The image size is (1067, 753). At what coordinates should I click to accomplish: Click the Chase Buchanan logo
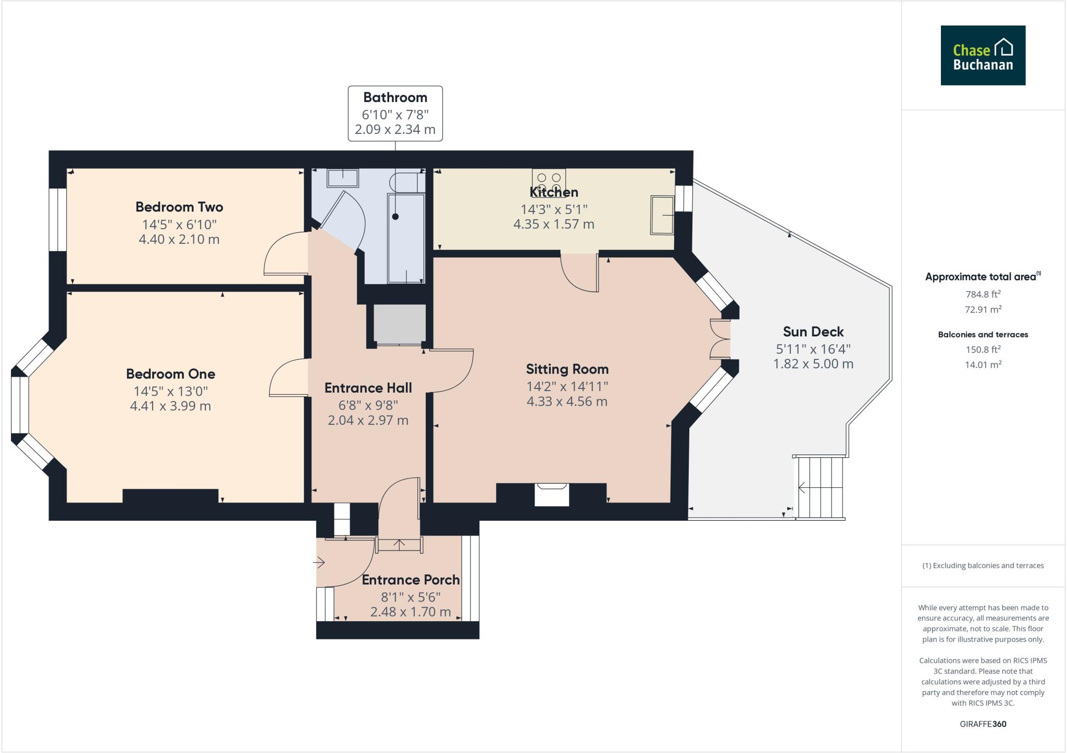click(983, 55)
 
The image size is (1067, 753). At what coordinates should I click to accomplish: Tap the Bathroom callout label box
click(395, 114)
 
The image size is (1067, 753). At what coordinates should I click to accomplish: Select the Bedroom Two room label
click(179, 207)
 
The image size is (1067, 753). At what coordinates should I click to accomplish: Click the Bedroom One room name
click(170, 374)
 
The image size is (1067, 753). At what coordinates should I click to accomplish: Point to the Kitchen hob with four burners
click(549, 182)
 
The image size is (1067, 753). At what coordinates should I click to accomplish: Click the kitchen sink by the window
click(662, 215)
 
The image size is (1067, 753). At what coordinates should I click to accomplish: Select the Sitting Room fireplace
click(552, 494)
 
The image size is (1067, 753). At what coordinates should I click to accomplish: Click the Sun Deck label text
click(813, 332)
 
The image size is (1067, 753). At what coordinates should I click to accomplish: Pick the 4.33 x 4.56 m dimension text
click(567, 401)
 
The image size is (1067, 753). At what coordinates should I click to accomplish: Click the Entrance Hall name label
click(368, 388)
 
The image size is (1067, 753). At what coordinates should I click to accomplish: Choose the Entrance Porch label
click(411, 580)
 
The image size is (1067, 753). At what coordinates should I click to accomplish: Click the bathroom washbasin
click(342, 178)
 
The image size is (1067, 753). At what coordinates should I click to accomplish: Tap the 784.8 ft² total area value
click(983, 294)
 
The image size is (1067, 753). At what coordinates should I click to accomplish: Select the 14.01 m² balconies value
click(983, 365)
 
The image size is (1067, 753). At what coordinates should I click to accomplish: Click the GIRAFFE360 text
click(983, 724)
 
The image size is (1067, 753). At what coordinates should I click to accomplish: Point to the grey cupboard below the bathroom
click(400, 324)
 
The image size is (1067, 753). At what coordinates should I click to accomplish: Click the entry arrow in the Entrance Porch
click(319, 562)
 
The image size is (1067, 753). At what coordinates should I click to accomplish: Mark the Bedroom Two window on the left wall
click(58, 219)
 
